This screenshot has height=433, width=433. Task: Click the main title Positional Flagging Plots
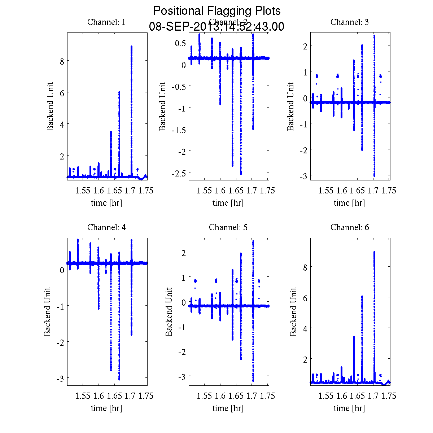point(217,11)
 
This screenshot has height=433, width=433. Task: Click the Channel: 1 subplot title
point(106,22)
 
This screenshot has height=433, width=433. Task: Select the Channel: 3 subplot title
point(349,22)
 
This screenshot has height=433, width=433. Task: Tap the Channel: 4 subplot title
point(106,227)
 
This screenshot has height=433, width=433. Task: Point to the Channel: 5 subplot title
point(228,227)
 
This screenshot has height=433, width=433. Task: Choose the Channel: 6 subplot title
point(349,227)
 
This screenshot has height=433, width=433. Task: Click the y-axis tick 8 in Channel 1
point(62,61)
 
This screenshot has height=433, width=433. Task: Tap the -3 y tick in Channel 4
point(60,378)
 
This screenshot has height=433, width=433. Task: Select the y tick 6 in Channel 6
point(305,298)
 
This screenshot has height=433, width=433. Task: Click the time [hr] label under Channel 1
point(106,203)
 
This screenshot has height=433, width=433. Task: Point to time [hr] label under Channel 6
point(349,408)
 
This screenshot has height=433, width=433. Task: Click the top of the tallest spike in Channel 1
point(131,47)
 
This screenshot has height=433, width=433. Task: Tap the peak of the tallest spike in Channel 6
point(374,252)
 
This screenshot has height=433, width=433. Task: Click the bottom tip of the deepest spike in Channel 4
point(119,379)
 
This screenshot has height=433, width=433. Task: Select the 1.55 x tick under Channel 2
point(204,191)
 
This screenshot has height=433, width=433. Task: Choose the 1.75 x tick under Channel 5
point(268,396)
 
